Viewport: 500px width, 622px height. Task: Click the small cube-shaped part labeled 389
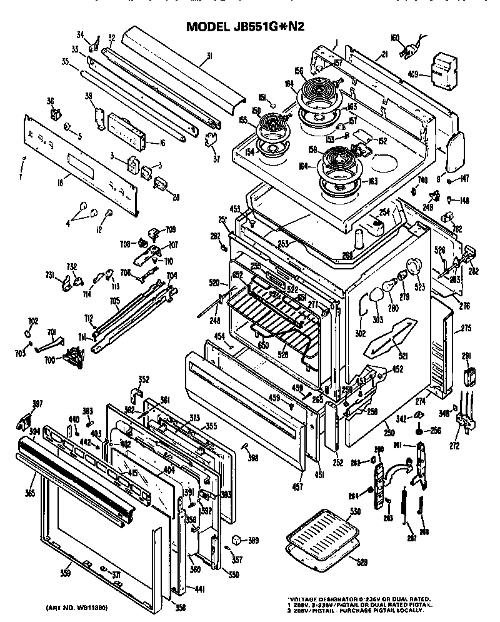click(236, 538)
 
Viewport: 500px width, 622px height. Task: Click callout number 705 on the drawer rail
click(115, 300)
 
